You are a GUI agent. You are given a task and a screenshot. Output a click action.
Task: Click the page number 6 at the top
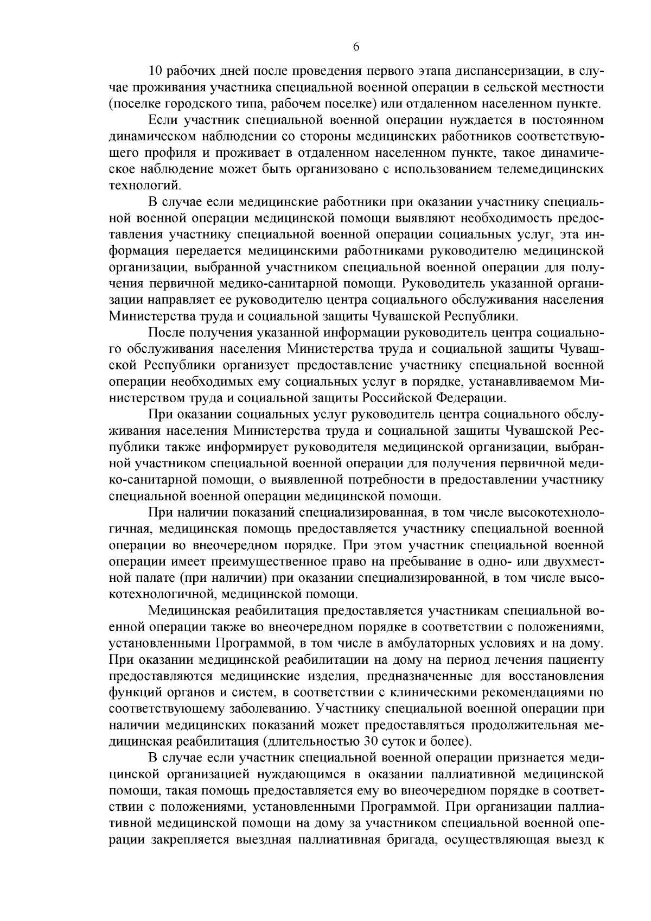tap(356, 47)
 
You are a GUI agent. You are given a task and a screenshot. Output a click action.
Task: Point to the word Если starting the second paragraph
tap(160, 120)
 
